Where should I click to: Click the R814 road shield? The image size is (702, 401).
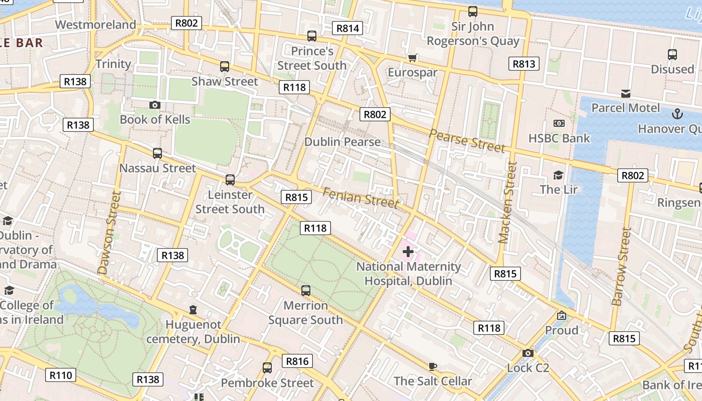[x=347, y=28]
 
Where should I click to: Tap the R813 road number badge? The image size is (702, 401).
[x=524, y=64]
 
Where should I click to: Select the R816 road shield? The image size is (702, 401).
[x=297, y=361]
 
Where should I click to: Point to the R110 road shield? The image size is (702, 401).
[x=61, y=375]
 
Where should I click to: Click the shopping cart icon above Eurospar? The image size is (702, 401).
[x=412, y=58]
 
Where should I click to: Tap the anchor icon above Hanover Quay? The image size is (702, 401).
[x=677, y=114]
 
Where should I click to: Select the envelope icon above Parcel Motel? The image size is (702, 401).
[x=625, y=93]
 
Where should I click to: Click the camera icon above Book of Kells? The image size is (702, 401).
[x=155, y=105]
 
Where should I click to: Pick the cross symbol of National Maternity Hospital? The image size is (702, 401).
[x=408, y=252]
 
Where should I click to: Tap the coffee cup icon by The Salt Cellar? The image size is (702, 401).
[x=433, y=366]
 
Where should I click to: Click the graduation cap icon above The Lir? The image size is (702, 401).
[x=558, y=175]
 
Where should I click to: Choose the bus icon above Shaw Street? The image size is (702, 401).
[x=225, y=67]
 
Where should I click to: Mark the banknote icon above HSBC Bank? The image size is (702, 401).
[x=559, y=123]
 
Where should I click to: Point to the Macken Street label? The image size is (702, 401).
[x=507, y=202]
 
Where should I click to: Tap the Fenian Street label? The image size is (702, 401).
[x=360, y=197]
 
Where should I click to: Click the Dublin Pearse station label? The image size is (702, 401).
[x=342, y=142]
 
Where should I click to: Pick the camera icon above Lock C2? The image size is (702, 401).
[x=528, y=353]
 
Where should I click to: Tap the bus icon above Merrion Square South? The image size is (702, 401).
[x=305, y=291]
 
